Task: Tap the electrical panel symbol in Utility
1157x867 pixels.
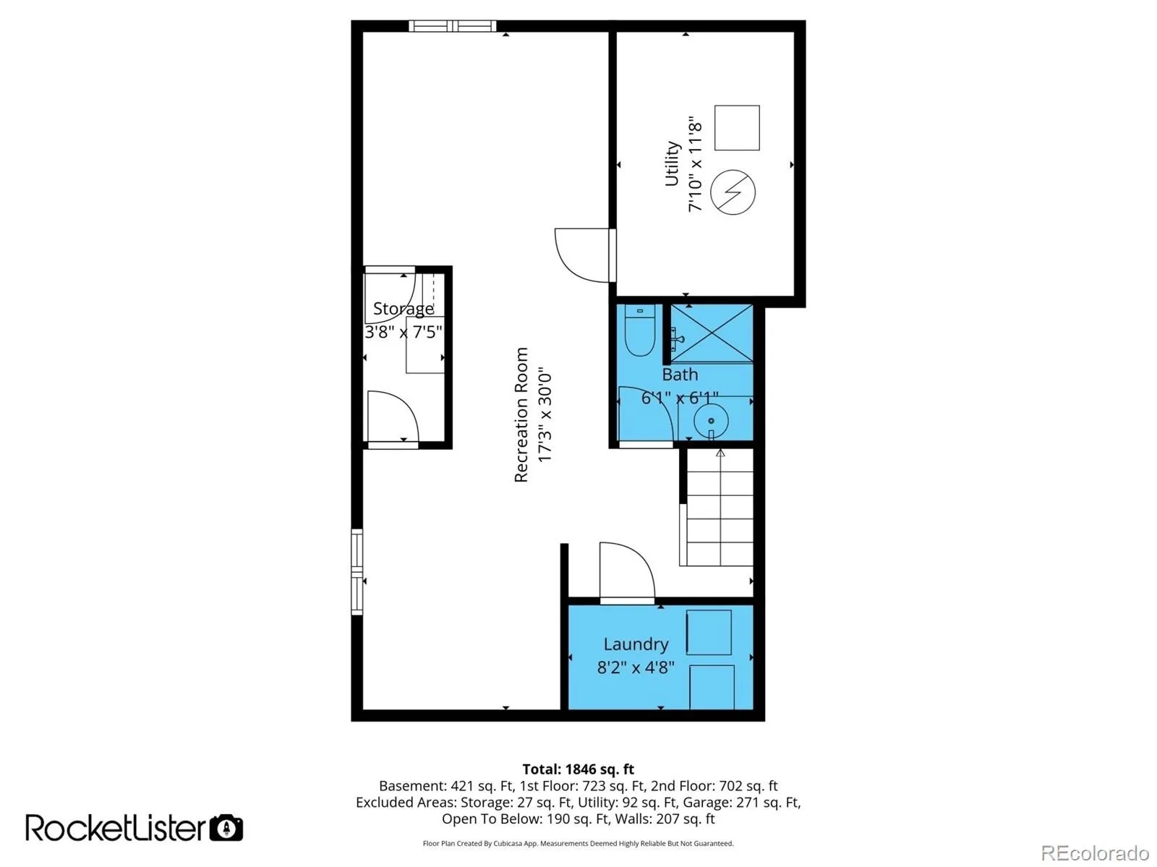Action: (x=732, y=192)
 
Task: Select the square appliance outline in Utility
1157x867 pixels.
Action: (x=736, y=127)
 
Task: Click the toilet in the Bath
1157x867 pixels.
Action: (x=639, y=330)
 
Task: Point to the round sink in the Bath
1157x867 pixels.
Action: (x=711, y=421)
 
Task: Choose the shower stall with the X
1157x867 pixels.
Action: (x=711, y=333)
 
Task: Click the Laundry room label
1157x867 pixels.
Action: (x=636, y=644)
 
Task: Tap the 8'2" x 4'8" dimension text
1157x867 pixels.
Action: (x=635, y=667)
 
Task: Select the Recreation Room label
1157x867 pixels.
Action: (x=521, y=414)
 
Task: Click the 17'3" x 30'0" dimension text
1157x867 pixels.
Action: (x=545, y=414)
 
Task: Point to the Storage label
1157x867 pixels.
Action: (x=404, y=309)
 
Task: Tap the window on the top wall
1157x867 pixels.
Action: (x=452, y=26)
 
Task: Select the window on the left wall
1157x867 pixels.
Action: (x=357, y=572)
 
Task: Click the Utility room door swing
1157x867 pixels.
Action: (x=582, y=255)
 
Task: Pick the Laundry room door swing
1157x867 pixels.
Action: (x=627, y=571)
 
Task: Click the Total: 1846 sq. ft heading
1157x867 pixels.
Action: (x=578, y=769)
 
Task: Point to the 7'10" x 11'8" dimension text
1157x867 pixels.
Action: (x=695, y=164)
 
